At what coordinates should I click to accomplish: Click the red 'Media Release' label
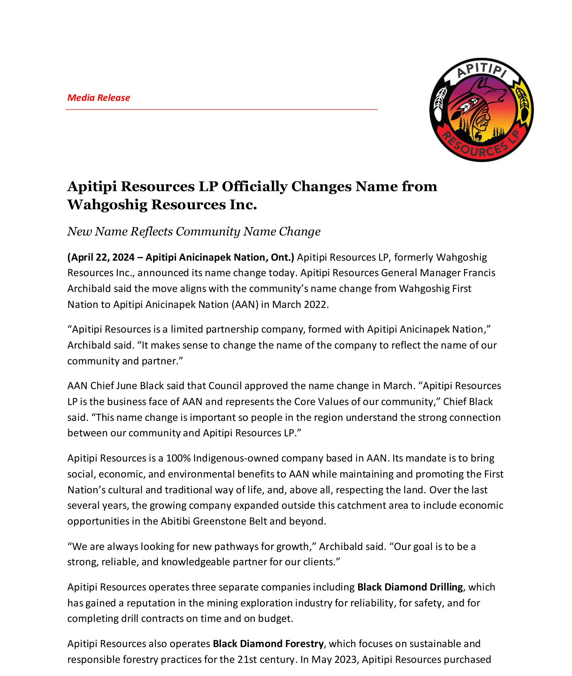point(99,98)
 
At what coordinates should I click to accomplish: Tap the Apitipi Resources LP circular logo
point(481,110)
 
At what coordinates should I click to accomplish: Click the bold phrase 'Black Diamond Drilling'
point(410,587)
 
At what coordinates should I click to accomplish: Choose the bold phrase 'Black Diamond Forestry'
point(268,644)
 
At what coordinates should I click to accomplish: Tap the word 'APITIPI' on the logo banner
point(481,70)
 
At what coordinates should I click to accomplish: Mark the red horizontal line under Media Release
point(222,110)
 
